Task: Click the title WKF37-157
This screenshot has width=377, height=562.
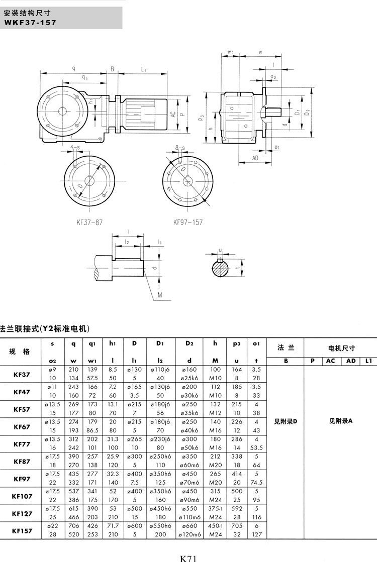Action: (30, 22)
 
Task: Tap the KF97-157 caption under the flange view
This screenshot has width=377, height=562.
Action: (188, 222)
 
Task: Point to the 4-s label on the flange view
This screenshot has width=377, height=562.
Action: (75, 147)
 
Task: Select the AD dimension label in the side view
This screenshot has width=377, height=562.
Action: (256, 158)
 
